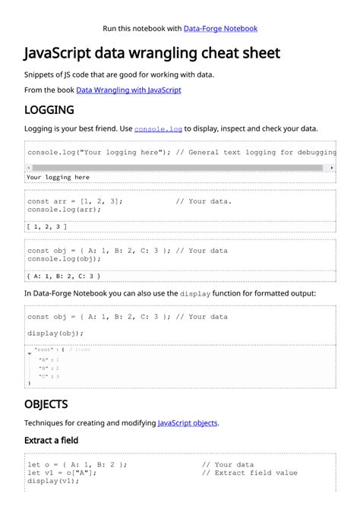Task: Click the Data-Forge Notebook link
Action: [220, 29]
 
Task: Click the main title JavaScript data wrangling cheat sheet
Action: [152, 54]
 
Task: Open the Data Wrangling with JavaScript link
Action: [128, 90]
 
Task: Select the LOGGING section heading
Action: [49, 110]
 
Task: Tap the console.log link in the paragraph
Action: [158, 129]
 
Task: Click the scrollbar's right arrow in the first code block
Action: [332, 168]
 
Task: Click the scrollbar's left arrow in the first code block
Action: [28, 168]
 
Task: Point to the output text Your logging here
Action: [58, 178]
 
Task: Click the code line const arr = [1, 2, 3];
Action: [74, 202]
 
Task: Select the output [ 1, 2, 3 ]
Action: [46, 226]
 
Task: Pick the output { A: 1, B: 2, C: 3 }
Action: [64, 276]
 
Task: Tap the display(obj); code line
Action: [55, 334]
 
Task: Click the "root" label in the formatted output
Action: [43, 349]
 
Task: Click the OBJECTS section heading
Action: [46, 404]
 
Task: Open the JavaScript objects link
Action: [188, 423]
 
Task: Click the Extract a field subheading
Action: [51, 441]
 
